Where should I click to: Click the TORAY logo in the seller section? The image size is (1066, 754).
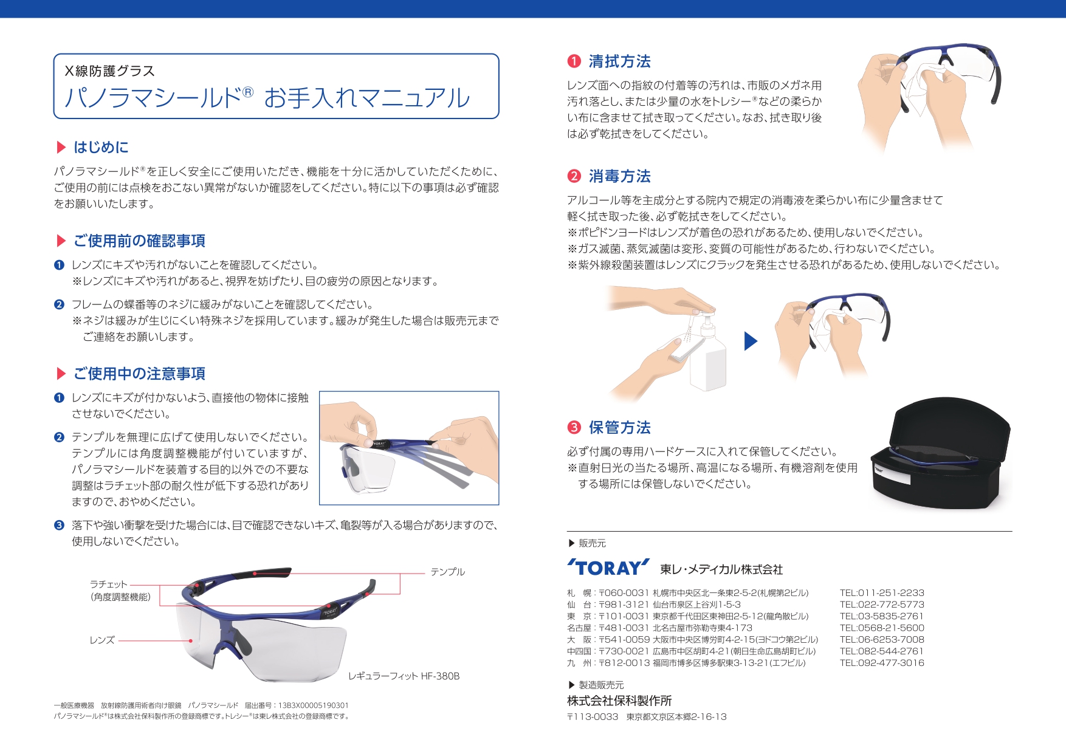point(608,567)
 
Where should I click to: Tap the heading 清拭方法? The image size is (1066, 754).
point(619,61)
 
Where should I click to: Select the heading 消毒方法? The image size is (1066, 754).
point(619,176)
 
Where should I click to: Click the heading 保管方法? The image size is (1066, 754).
point(619,428)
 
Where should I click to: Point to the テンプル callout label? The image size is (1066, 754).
point(447,572)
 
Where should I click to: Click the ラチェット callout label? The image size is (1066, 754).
point(109,584)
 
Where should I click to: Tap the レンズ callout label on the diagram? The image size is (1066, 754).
point(102,640)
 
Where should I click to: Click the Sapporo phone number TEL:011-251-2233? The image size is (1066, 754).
point(882,593)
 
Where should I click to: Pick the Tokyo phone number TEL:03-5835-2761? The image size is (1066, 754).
point(882,616)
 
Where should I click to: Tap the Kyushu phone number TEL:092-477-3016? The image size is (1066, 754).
point(882,663)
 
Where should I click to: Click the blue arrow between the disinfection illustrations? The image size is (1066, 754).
point(751,341)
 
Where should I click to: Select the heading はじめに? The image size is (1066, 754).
point(101,147)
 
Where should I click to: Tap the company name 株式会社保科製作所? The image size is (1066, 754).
point(619,701)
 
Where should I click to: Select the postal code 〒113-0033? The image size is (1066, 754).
point(593,717)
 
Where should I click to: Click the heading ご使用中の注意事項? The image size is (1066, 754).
point(139,374)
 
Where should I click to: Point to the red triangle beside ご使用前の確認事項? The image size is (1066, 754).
point(61,241)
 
